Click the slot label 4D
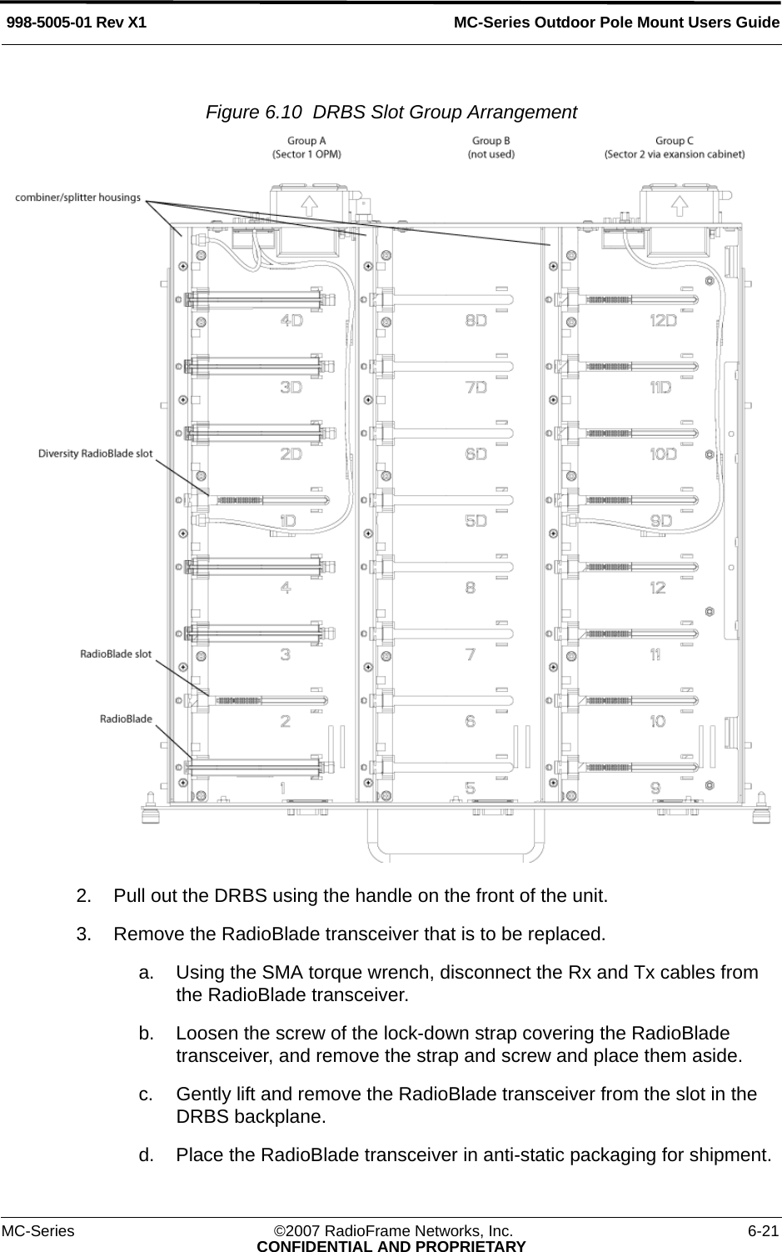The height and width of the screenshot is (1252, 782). coord(291,319)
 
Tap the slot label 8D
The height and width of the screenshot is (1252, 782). coord(476,319)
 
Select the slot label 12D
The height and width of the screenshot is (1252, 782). coord(663,319)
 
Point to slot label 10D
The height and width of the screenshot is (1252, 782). coord(663,454)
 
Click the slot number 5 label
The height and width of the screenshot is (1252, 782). coord(471,788)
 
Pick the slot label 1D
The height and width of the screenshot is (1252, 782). coord(288,521)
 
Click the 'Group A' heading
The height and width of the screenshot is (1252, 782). coord(306,141)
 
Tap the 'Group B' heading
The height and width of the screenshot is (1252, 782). coord(491,141)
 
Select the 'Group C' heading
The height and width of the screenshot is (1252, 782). coord(675,141)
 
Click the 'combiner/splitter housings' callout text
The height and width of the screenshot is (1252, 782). coord(78,198)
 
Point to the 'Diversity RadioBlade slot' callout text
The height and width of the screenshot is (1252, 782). coord(96,453)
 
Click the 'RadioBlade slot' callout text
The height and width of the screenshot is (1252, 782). coord(116,654)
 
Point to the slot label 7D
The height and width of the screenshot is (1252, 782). coord(476,387)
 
